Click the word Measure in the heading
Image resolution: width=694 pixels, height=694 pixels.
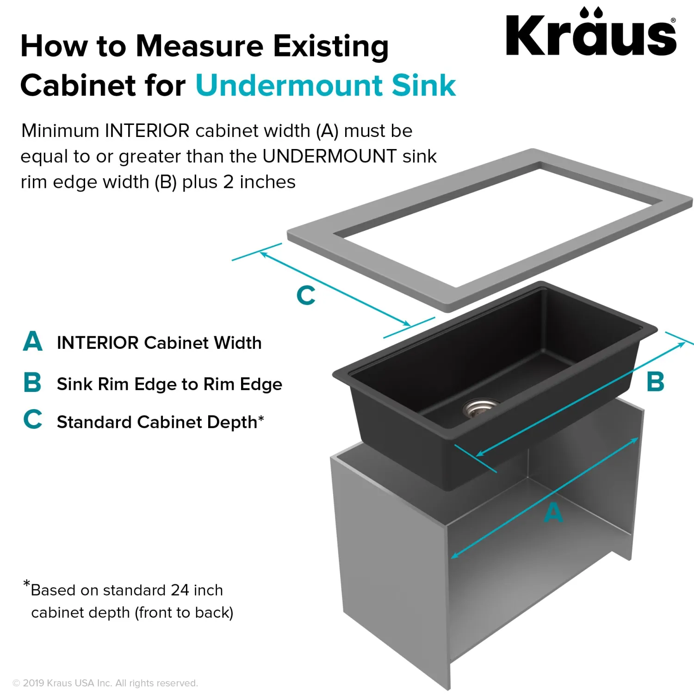click(x=200, y=46)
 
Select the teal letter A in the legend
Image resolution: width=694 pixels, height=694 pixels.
click(x=33, y=341)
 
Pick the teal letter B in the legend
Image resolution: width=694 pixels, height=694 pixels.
click(x=32, y=383)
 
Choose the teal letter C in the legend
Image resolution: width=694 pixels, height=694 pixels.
click(x=33, y=419)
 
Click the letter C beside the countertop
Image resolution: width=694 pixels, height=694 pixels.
click(x=306, y=295)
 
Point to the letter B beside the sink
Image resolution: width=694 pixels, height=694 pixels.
click(x=655, y=382)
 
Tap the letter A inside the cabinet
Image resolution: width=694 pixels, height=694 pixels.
click(x=553, y=513)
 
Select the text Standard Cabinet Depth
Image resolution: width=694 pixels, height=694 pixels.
click(x=157, y=422)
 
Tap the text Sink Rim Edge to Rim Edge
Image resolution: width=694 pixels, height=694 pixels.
click(x=169, y=384)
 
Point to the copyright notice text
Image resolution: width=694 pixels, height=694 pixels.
click(x=105, y=683)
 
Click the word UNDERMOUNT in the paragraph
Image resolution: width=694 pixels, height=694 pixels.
click(x=329, y=156)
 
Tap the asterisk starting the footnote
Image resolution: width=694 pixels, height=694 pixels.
click(x=27, y=584)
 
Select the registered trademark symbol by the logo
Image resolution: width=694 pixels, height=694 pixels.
click(x=673, y=20)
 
